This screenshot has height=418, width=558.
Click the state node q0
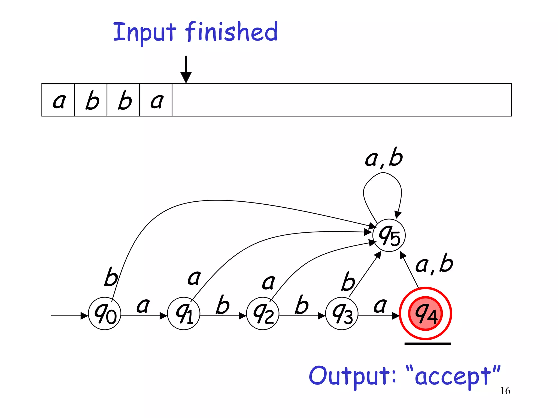pyautogui.click(x=105, y=313)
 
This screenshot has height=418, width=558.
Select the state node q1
pyautogui.click(x=184, y=313)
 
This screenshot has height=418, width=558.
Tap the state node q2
pyautogui.click(x=263, y=313)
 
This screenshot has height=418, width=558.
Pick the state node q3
pyautogui.click(x=342, y=313)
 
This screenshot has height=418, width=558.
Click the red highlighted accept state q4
pyautogui.click(x=425, y=313)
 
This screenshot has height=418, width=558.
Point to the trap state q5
pyautogui.click(x=389, y=235)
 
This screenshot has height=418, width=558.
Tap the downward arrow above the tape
pyautogui.click(x=186, y=69)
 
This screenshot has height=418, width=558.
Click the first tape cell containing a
pyautogui.click(x=58, y=100)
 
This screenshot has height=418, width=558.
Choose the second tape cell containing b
pyautogui.click(x=91, y=100)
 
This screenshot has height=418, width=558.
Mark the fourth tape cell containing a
pyautogui.click(x=156, y=100)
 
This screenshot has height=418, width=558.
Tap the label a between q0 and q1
pyautogui.click(x=143, y=305)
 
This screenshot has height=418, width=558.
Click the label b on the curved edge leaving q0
pyautogui.click(x=111, y=277)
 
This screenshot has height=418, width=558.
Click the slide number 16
pyautogui.click(x=505, y=391)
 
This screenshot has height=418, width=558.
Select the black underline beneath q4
pyautogui.click(x=427, y=344)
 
